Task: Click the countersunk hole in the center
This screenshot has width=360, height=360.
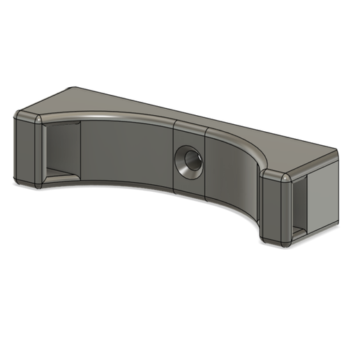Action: [x=189, y=161]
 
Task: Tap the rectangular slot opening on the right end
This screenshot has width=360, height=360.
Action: [x=299, y=203]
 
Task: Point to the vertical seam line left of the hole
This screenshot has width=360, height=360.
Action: [x=174, y=157]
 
